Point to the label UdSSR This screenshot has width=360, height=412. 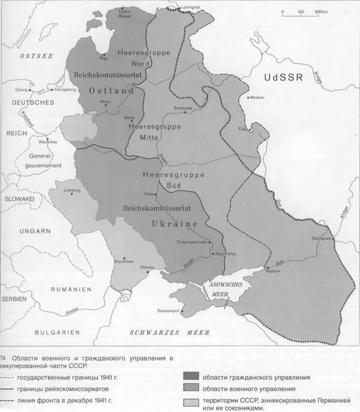284,77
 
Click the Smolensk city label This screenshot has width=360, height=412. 183,107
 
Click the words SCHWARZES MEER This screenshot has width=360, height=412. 170,332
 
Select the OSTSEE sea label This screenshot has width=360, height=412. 37,55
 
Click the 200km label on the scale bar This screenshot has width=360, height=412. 320,11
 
